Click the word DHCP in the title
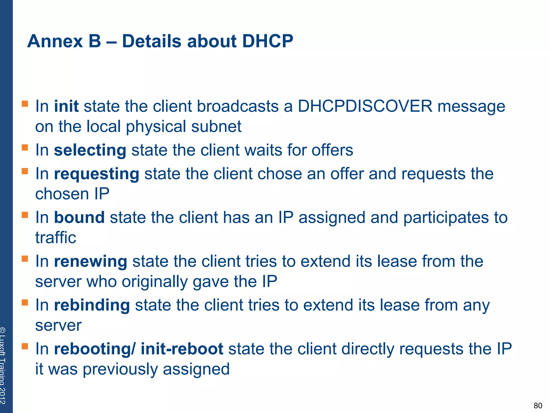267,41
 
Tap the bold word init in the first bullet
66,106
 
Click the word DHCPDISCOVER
365,106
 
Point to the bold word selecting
90,150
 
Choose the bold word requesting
96,174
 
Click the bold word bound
79,217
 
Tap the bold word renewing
91,261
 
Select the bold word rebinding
92,305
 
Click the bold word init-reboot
182,349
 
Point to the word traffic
56,238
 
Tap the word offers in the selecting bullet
332,150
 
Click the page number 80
538,405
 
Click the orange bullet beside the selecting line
25,147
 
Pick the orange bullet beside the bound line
25,215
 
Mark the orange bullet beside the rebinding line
25,302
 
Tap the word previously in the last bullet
120,369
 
